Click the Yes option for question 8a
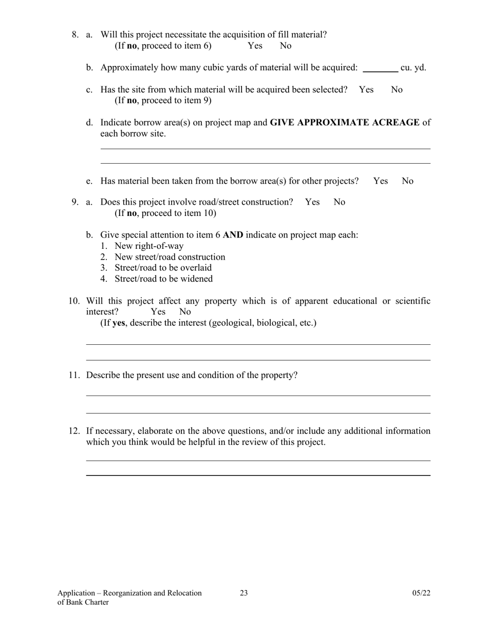255,46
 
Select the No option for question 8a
286,46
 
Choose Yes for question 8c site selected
366,90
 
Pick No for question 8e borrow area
407,181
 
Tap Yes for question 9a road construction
312,202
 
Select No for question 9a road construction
340,202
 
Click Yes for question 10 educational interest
158,312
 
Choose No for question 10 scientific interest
185,312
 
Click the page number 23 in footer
243,594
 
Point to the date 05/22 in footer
421,594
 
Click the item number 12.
74,431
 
